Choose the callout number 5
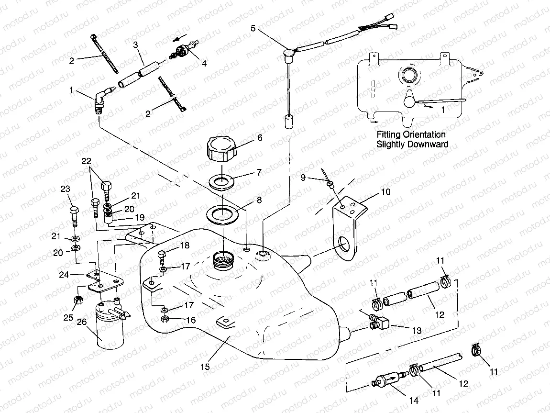point(253,28)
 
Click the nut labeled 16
point(164,320)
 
